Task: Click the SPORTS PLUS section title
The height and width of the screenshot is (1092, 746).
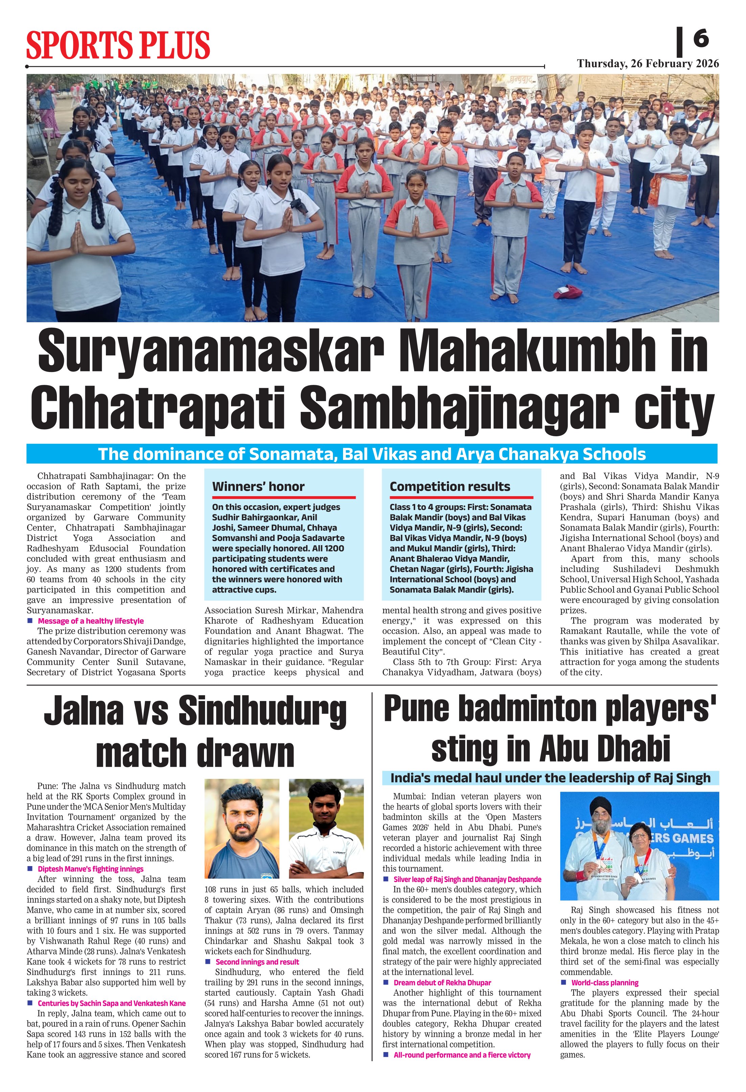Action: pyautogui.click(x=117, y=45)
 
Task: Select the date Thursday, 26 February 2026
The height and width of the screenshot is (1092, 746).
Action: pyautogui.click(x=648, y=64)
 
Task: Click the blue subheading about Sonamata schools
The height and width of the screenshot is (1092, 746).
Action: pyautogui.click(x=371, y=454)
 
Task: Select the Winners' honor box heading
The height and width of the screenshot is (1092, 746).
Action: pyautogui.click(x=258, y=486)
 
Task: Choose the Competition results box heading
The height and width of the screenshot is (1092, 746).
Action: pyautogui.click(x=449, y=486)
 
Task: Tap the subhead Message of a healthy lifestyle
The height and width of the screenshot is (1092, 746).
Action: pyautogui.click(x=91, y=621)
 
